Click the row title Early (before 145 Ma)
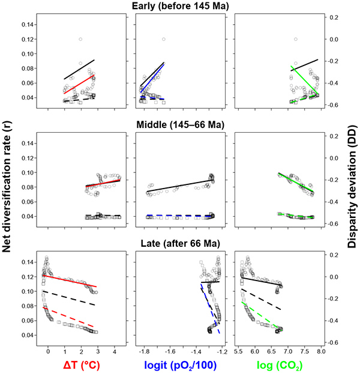point(179,5)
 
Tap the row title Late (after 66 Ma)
point(179,243)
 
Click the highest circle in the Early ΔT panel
point(80,40)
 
